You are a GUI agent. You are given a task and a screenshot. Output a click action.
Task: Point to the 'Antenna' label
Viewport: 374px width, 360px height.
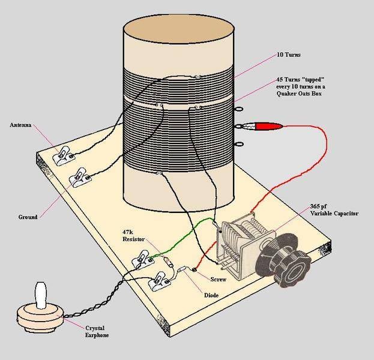click(x=22, y=125)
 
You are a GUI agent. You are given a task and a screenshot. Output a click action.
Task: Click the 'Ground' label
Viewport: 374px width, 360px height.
click(x=23, y=217)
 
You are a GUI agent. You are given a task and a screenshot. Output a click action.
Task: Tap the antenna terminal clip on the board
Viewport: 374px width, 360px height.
click(x=62, y=157)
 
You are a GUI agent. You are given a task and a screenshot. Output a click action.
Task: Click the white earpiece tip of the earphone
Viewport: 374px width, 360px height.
click(x=40, y=295)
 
